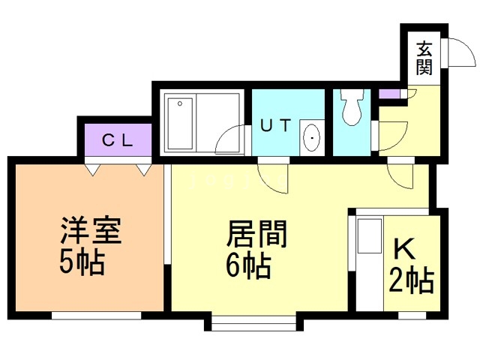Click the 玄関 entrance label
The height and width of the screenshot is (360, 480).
click(x=424, y=58)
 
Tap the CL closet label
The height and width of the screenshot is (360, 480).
click(x=118, y=139)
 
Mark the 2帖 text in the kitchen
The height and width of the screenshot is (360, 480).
click(x=412, y=283)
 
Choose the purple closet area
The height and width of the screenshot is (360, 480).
click(x=118, y=139)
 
